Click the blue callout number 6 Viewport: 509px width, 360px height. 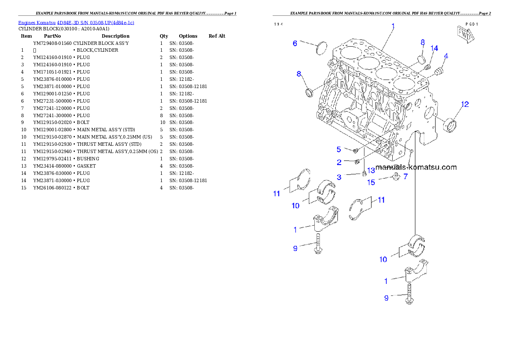pos(295,43)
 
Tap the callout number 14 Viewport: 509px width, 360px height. pos(434,49)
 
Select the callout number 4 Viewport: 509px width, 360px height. pos(446,56)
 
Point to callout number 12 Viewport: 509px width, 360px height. pos(465,104)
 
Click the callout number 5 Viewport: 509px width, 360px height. pos(339,149)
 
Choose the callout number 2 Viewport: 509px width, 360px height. pos(339,162)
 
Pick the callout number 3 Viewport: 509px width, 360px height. pos(339,177)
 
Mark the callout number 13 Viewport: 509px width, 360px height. pos(370,170)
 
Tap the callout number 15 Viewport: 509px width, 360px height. pos(371,182)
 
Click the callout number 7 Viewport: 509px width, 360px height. pos(405,176)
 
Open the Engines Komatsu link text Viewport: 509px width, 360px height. pos(76,23)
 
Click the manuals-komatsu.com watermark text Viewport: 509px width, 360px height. pos(416,167)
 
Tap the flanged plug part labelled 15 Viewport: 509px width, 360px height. pos(396,177)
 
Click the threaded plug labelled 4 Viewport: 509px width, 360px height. pos(438,71)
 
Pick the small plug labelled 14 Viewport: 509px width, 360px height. pos(427,68)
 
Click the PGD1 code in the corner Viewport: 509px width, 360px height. pos(472,24)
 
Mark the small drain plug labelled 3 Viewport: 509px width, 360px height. pos(364,173)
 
